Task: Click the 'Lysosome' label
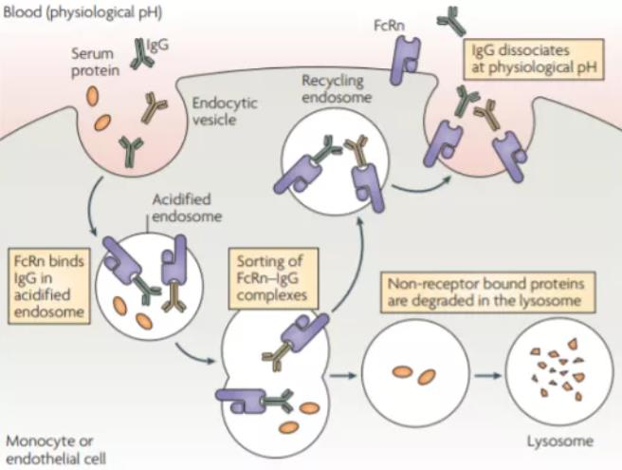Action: point(559,442)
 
